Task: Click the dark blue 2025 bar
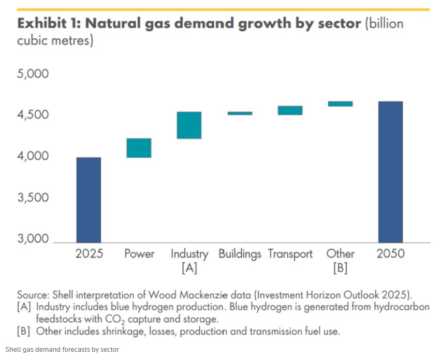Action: (89, 200)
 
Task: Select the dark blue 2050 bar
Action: (390, 172)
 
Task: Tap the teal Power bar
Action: (139, 148)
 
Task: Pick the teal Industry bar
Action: (189, 125)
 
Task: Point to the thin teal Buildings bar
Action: (240, 113)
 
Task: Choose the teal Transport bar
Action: (290, 110)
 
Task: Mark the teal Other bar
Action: (340, 104)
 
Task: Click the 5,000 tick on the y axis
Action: (33, 74)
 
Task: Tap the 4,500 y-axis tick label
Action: (33, 115)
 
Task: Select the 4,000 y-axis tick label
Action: (33, 156)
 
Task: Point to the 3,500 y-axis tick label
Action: (33, 198)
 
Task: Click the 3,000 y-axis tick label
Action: (33, 239)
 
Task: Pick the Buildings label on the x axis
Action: (240, 254)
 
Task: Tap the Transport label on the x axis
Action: (290, 254)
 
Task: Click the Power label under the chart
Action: (139, 254)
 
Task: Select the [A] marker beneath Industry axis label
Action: (189, 268)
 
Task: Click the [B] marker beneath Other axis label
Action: (340, 268)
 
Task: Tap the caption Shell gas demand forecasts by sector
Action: (63, 350)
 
